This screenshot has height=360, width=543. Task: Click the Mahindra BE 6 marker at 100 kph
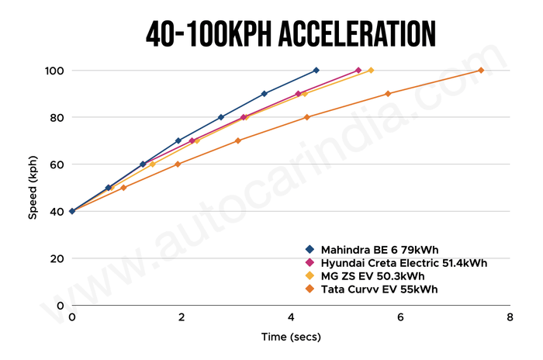tap(316, 71)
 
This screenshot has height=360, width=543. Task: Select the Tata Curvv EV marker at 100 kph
tap(481, 71)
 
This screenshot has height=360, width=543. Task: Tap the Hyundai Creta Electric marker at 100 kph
tap(358, 71)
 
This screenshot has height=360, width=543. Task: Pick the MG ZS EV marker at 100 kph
tap(371, 71)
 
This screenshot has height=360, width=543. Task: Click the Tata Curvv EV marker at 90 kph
tap(388, 94)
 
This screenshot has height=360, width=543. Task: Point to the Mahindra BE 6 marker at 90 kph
tap(265, 94)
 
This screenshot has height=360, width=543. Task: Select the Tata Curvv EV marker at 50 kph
tap(123, 188)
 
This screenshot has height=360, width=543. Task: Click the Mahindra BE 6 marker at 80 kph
tap(221, 117)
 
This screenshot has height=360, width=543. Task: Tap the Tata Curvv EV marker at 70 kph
tap(238, 140)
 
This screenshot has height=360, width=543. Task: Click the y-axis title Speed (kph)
tap(33, 187)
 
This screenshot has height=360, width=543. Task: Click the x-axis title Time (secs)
tap(291, 337)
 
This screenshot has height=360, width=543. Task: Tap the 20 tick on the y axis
tap(57, 258)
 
